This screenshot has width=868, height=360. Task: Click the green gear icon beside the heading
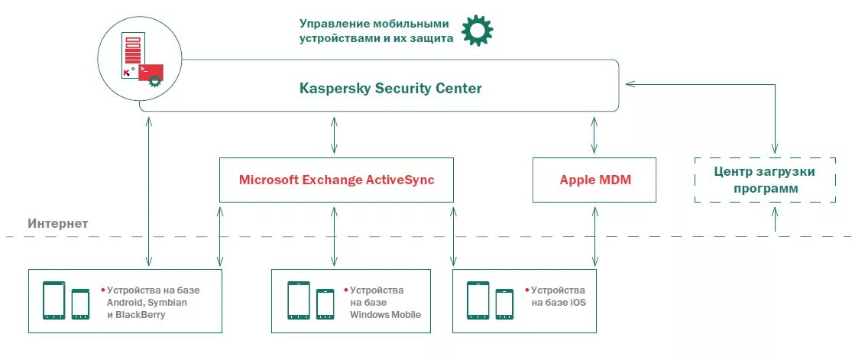(478, 30)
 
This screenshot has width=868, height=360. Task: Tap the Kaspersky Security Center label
(390, 89)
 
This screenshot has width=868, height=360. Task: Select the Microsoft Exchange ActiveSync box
(336, 180)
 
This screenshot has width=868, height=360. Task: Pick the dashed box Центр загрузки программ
(765, 180)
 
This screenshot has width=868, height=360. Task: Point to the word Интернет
(58, 224)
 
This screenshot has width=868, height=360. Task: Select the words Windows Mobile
(385, 315)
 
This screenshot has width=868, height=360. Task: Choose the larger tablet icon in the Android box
(53, 300)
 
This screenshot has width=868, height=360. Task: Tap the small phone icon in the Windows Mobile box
(325, 303)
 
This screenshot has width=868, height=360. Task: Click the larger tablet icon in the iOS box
(478, 300)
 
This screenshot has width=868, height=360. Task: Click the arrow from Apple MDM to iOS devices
(594, 235)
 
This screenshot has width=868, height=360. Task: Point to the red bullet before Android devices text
(102, 290)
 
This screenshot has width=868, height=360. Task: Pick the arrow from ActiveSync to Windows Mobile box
(334, 235)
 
